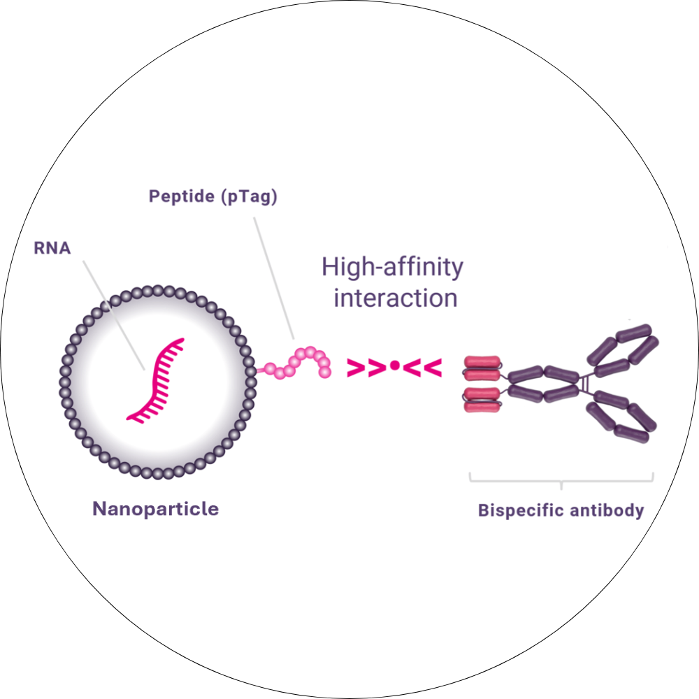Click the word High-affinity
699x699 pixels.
pos(392,267)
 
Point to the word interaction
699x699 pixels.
pos(396,298)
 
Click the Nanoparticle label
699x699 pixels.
pos(155,509)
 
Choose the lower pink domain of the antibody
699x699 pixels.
pos(482,398)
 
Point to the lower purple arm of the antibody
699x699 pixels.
pos(622,416)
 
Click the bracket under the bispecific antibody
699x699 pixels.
pos(561,481)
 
